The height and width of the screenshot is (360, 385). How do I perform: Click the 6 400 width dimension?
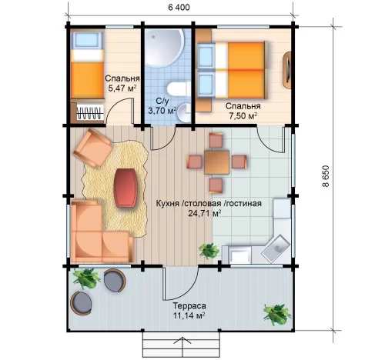[179, 7]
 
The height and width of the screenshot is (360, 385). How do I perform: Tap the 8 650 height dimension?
[325, 176]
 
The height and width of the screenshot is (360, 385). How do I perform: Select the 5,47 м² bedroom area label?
[122, 88]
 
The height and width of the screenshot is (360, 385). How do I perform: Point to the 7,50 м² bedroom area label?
[243, 116]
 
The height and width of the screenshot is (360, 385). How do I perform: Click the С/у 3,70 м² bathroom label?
[162, 105]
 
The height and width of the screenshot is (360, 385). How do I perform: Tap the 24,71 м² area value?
[205, 213]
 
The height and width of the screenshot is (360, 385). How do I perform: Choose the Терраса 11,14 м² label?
[189, 310]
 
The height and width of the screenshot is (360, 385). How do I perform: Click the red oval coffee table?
[125, 188]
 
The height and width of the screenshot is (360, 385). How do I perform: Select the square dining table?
[217, 162]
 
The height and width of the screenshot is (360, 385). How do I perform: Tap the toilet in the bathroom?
[179, 89]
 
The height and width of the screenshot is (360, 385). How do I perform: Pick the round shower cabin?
[164, 47]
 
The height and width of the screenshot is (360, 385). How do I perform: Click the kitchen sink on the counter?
[276, 249]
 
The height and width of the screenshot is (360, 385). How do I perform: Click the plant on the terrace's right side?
[276, 315]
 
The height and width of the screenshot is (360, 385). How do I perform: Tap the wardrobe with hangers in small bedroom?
[87, 112]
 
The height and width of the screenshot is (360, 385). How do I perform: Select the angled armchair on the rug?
[93, 148]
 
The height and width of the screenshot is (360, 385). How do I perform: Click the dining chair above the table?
[216, 140]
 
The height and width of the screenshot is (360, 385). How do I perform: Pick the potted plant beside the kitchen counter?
[209, 251]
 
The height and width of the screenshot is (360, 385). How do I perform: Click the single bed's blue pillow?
[86, 41]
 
